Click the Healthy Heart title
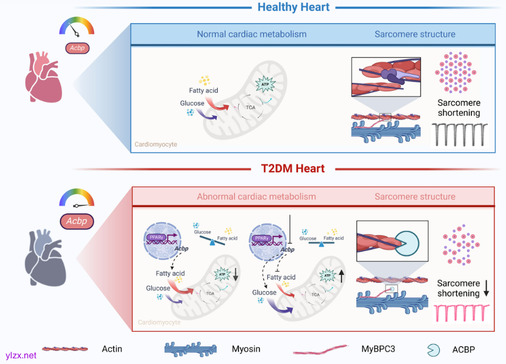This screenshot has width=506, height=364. pyautogui.click(x=293, y=7)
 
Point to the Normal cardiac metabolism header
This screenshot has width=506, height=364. pyautogui.click(x=252, y=34)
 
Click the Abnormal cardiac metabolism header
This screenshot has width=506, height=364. pyautogui.click(x=256, y=197)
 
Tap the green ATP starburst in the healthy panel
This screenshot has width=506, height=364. pyautogui.click(x=265, y=85)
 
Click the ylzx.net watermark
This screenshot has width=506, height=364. pyautogui.click(x=20, y=356)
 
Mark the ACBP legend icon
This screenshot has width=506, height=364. pyautogui.click(x=433, y=349)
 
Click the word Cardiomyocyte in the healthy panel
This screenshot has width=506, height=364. pyautogui.click(x=155, y=144)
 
